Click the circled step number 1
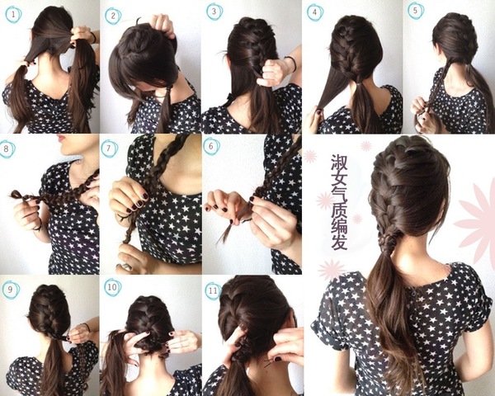[13, 14]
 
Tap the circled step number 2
[113, 16]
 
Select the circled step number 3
[214, 12]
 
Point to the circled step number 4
[315, 12]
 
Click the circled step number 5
[416, 11]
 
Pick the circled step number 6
[211, 146]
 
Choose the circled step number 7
[110, 148]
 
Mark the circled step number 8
[7, 148]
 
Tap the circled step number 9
[11, 290]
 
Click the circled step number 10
[113, 287]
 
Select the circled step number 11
[214, 290]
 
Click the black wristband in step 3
[292, 64]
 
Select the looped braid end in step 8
[16, 194]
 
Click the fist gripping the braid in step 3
[271, 73]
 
